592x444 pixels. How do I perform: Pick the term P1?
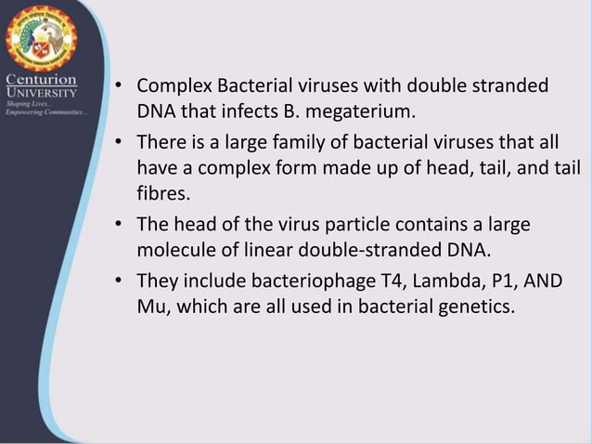[517, 279]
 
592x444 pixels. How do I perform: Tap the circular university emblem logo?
[40, 38]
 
